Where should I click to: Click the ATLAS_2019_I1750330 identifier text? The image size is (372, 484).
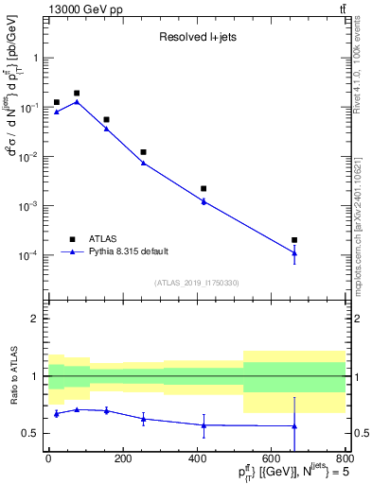[x=196, y=283]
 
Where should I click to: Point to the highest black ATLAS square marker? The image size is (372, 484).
[x=76, y=94]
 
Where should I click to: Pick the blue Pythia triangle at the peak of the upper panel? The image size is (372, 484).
[x=76, y=101]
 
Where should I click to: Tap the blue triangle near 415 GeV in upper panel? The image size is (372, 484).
[x=204, y=200]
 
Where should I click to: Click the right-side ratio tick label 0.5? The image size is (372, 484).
[x=360, y=434]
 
